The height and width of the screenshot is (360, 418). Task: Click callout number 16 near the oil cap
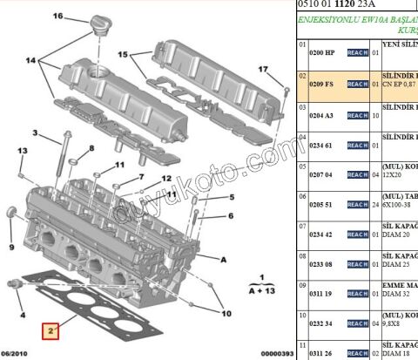point(58,17)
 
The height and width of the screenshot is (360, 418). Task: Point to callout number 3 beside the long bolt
point(36,132)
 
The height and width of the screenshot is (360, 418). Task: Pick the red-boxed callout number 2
point(51,331)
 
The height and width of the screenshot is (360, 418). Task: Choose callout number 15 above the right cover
point(124,55)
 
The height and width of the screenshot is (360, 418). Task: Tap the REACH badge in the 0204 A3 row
point(358,114)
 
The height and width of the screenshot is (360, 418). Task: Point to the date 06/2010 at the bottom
point(19,352)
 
